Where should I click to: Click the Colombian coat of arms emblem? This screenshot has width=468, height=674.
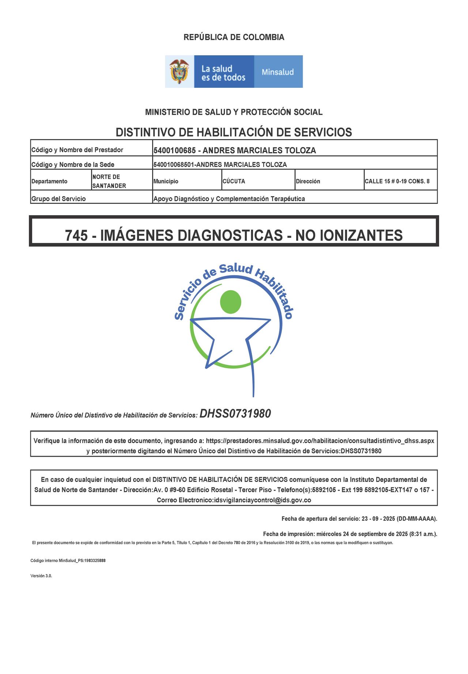tap(179, 71)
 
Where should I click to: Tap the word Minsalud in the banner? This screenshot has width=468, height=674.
tap(278, 72)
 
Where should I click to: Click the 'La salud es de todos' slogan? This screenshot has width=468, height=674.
tap(223, 73)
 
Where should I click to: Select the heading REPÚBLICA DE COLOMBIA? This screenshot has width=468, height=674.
tap(234, 37)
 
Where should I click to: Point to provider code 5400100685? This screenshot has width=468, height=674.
tap(174, 150)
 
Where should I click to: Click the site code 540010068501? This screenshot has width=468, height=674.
tap(174, 165)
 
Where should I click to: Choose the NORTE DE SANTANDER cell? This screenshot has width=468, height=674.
tap(109, 181)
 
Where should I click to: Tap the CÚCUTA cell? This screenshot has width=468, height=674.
tap(234, 181)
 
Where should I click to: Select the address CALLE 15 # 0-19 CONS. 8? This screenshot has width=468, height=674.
tap(397, 181)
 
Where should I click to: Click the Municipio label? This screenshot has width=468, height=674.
tap(166, 181)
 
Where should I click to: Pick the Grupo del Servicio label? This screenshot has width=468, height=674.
tap(58, 199)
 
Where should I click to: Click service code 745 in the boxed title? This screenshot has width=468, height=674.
tap(76, 235)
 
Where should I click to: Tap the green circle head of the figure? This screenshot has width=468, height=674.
tap(231, 302)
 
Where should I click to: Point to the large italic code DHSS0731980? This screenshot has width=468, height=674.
tap(235, 414)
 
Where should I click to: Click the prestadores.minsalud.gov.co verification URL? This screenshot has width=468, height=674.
tap(320, 441)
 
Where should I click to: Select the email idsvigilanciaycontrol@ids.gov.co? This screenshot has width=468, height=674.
tap(262, 500)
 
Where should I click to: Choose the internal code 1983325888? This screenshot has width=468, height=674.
tap(95, 561)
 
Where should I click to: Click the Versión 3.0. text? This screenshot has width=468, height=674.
tap(41, 576)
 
